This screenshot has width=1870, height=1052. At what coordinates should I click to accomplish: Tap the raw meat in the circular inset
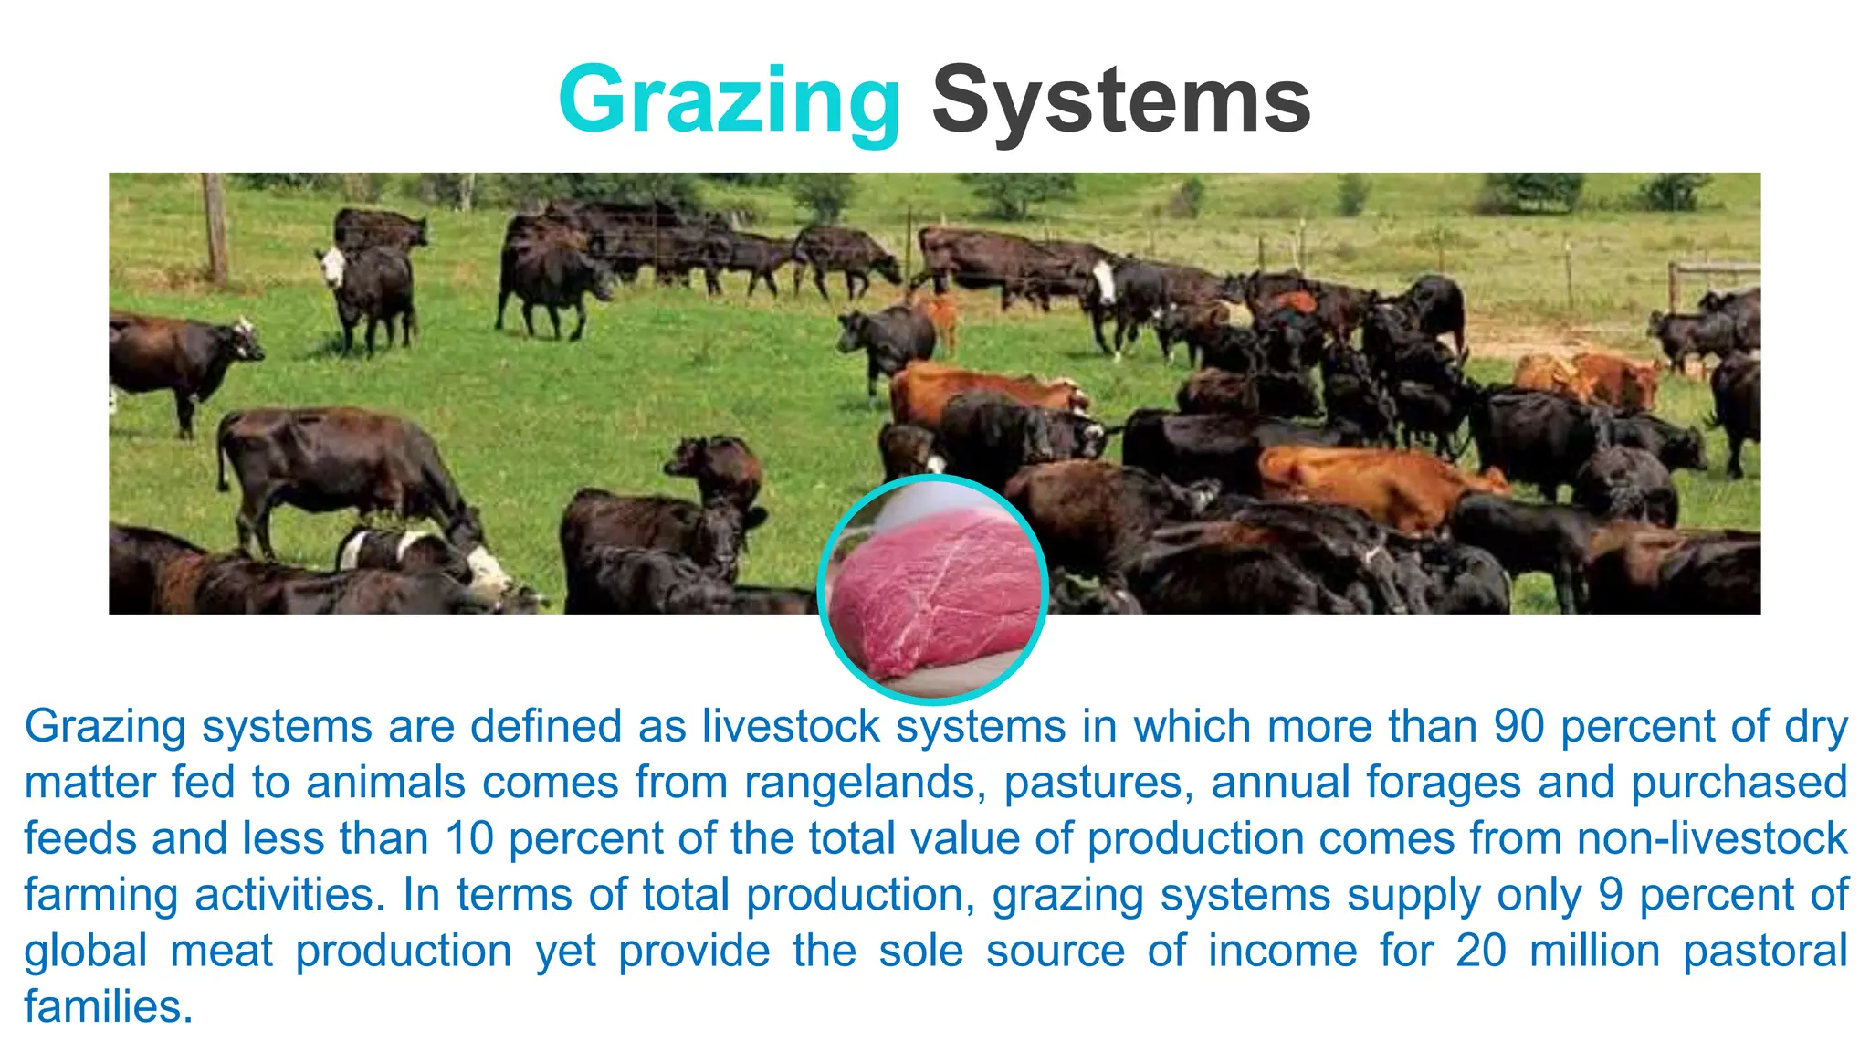pyautogui.click(x=933, y=594)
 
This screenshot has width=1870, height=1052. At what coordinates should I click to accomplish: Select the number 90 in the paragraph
pyautogui.click(x=1518, y=727)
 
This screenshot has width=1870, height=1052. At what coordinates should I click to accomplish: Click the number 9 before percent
pyautogui.click(x=1610, y=896)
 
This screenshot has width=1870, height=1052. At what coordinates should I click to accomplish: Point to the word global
pyautogui.click(x=85, y=952)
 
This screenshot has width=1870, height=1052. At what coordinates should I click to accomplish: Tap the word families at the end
pyautogui.click(x=108, y=1007)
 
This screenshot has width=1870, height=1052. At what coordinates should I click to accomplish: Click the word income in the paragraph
pyautogui.click(x=1282, y=952)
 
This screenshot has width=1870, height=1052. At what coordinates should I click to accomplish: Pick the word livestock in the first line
pyautogui.click(x=791, y=727)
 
